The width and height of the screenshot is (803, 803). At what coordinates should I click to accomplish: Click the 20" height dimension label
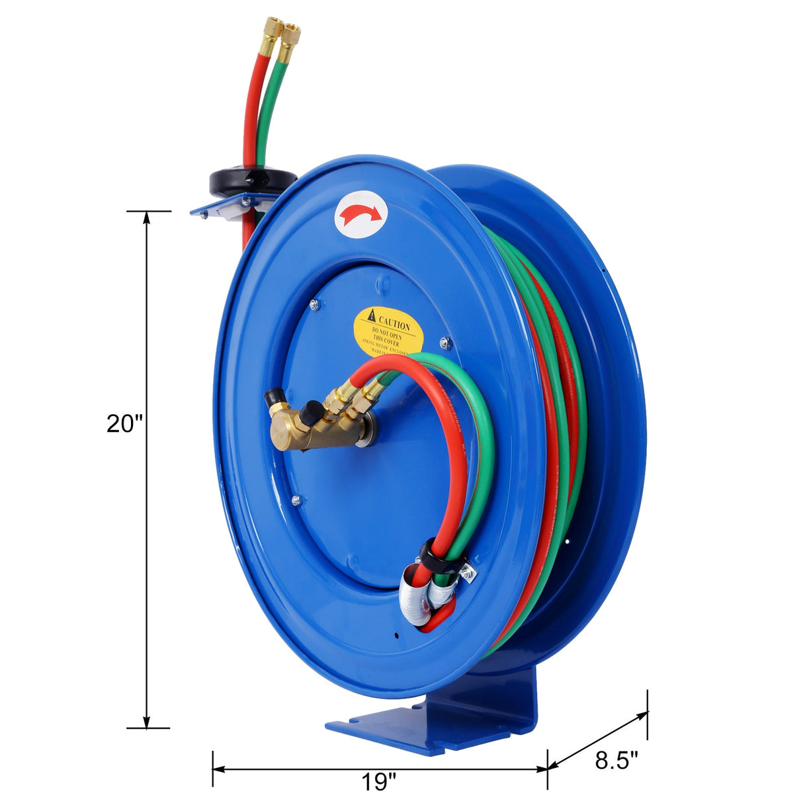click(125, 423)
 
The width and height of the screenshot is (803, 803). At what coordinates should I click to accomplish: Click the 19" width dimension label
click(379, 782)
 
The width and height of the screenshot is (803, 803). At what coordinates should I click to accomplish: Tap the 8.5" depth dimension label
click(616, 761)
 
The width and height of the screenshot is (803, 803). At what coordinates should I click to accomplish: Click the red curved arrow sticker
click(361, 214)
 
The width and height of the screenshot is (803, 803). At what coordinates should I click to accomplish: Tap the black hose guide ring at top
click(253, 180)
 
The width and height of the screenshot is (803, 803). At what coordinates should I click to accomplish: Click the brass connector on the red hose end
click(269, 38)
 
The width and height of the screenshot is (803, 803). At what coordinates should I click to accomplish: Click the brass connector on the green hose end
click(290, 39)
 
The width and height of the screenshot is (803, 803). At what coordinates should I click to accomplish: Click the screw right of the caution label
click(444, 343)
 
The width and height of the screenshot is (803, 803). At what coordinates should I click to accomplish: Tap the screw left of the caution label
click(314, 304)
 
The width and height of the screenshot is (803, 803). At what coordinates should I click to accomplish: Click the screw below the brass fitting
click(296, 501)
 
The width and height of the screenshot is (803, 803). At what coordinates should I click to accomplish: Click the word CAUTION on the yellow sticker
click(394, 323)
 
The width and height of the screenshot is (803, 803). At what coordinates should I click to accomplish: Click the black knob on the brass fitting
click(307, 415)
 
